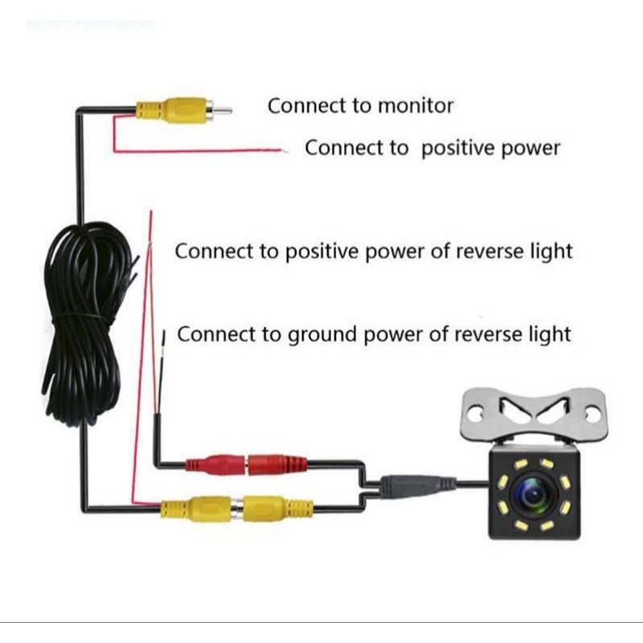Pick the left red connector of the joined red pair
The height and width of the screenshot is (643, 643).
215,465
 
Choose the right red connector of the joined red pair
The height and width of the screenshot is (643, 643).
276,465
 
